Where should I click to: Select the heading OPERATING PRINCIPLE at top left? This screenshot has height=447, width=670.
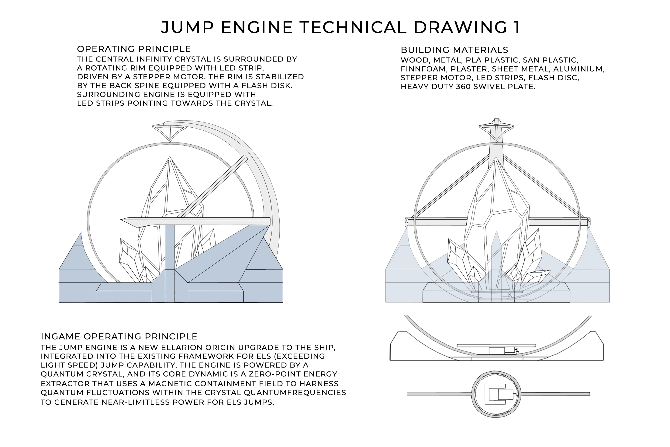(x=134, y=49)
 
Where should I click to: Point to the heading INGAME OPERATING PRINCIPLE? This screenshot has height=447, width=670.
(x=119, y=336)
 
